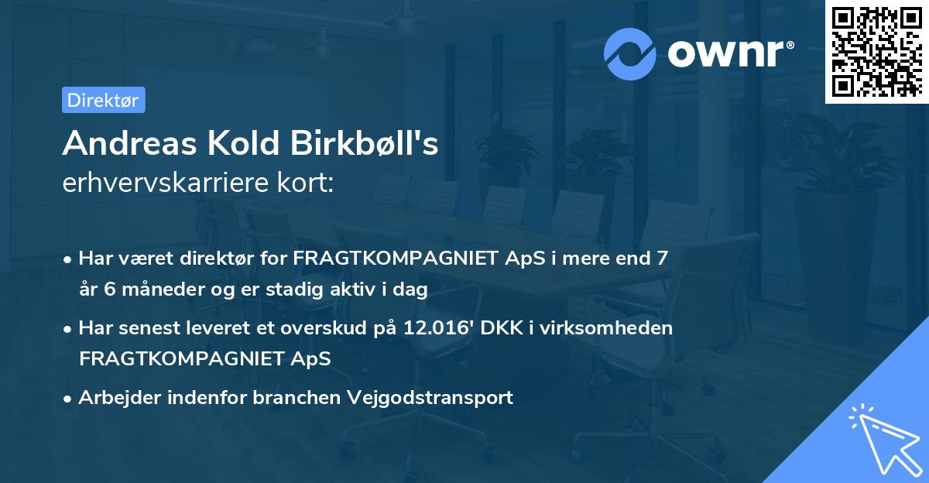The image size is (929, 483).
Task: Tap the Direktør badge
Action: (103, 100)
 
